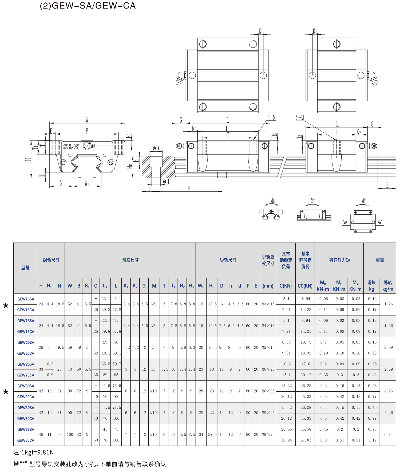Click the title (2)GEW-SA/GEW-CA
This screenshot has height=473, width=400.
(x=88, y=6)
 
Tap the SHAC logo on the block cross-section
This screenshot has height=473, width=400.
(x=71, y=146)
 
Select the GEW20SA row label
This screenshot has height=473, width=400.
(x=26, y=343)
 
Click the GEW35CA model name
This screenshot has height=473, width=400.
(x=26, y=440)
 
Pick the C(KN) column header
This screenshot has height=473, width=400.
(x=286, y=286)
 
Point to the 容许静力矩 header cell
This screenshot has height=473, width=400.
(x=339, y=260)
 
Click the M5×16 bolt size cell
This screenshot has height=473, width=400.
(x=268, y=348)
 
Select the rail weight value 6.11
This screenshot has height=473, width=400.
(x=388, y=435)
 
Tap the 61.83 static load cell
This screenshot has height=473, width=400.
(x=306, y=440)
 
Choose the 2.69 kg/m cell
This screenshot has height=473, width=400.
(x=388, y=369)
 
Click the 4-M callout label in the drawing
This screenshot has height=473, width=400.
(x=272, y=117)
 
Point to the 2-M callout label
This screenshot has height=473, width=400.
(x=300, y=118)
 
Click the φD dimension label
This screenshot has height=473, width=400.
(x=156, y=149)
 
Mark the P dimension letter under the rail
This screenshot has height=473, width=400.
(x=189, y=189)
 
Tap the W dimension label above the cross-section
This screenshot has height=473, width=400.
(x=87, y=120)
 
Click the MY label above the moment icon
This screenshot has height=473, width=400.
(x=363, y=201)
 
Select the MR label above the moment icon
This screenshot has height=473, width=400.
(x=272, y=201)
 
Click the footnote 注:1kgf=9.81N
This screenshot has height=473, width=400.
(x=34, y=452)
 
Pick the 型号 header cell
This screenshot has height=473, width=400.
(x=25, y=268)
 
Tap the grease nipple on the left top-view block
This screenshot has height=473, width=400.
(x=180, y=78)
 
